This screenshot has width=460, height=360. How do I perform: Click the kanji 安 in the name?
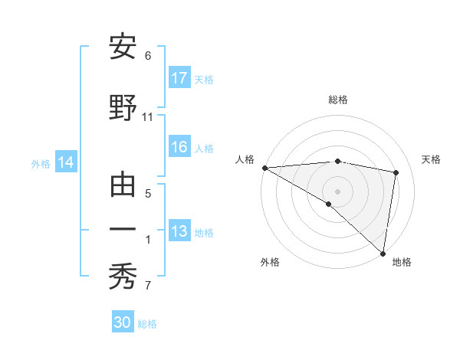coord(123,47)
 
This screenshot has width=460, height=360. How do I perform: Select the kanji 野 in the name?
coord(123,108)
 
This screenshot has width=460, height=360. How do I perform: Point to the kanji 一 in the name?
coord(123,229)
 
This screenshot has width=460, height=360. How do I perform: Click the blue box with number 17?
coord(179,78)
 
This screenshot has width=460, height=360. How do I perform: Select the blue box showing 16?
coord(179,148)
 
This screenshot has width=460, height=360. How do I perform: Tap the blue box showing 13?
coord(179,231)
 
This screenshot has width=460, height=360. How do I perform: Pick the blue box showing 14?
coord(66,162)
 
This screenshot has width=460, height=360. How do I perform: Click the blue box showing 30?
coord(123,322)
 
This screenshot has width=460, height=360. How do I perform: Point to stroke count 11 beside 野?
coord(148,117)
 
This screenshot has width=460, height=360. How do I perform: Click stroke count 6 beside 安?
coord(148,56)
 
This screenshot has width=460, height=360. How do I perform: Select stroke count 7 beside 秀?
coord(148,286)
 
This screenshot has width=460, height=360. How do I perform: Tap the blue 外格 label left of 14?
coord(41,163)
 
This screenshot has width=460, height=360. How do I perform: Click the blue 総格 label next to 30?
coord(148,324)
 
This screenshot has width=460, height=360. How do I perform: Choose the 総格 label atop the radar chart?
coord(337,100)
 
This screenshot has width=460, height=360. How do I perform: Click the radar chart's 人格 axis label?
coord(245,159)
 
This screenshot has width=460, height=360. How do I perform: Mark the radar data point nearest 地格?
coord(383,254)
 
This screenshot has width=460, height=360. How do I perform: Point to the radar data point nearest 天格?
coord(396,172)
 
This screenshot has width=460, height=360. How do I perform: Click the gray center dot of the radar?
coord(337,190)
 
